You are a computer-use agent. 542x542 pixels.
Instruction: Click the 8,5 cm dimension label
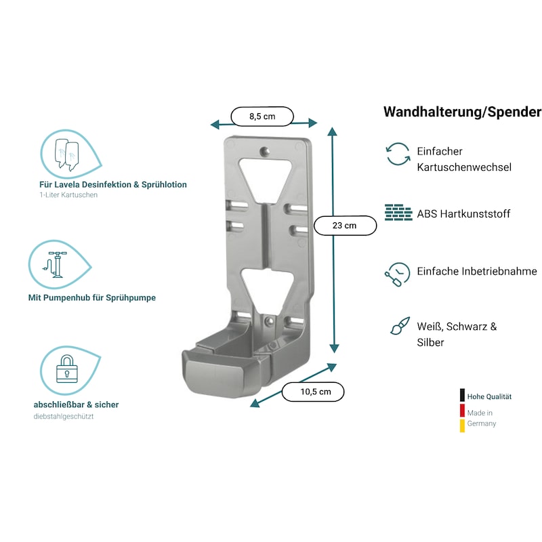tap(262, 117)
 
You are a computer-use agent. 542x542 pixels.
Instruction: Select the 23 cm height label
tap(345, 226)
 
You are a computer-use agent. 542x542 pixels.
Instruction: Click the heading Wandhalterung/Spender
tap(462, 112)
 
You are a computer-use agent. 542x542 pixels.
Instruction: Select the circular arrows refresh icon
tap(398, 154)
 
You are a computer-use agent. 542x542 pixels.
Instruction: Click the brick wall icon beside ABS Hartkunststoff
tap(398, 213)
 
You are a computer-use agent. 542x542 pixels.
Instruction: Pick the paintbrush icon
tap(399, 326)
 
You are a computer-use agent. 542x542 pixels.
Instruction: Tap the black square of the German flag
tap(462, 396)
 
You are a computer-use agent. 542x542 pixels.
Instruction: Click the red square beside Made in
tap(462, 411)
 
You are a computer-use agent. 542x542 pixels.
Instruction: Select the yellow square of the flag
tap(462, 425)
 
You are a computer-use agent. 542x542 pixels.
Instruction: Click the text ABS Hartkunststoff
tap(464, 214)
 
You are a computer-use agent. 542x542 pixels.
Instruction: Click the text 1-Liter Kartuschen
tap(68, 195)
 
